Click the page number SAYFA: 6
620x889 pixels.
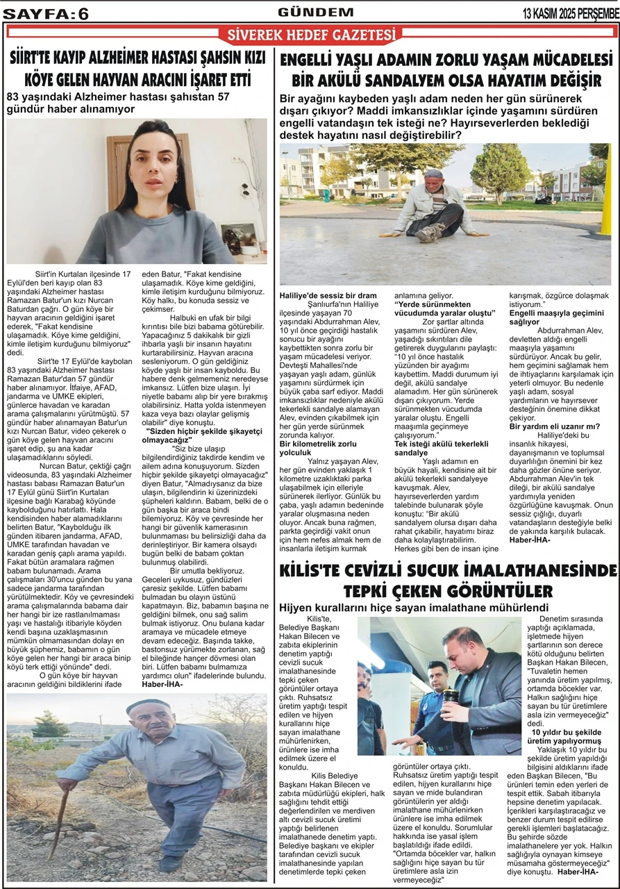click(x=46, y=13)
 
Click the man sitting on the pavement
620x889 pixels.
click(x=434, y=204)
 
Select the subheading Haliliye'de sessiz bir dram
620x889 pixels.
click(x=328, y=295)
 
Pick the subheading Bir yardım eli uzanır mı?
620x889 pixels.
click(x=555, y=426)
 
